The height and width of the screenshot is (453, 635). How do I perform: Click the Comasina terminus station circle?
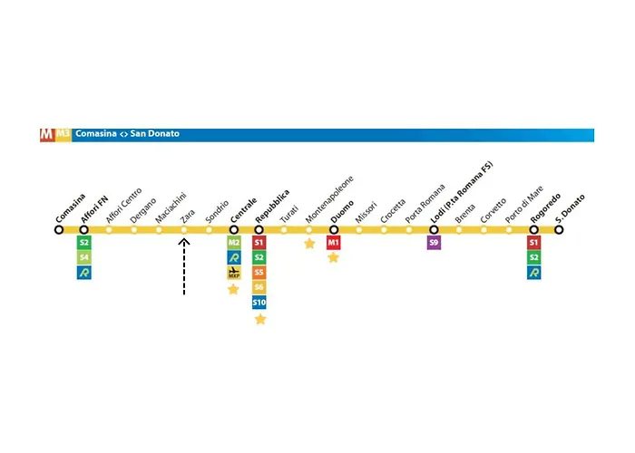point(59,230)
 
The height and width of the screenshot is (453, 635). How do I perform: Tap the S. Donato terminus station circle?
point(559,230)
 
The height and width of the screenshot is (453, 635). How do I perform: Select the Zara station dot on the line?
point(183,230)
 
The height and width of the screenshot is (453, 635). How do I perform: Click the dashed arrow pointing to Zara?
point(183,268)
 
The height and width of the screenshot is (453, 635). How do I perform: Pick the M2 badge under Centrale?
point(233,243)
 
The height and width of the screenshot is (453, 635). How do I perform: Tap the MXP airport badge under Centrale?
point(233,272)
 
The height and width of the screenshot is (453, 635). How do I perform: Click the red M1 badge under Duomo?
point(333,243)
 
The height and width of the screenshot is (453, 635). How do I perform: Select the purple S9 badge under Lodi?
point(434,243)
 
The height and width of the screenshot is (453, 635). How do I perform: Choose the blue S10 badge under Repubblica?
point(259,302)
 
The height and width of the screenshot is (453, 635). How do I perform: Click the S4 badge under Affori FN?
point(84,257)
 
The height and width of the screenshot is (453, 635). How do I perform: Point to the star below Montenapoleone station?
point(309,243)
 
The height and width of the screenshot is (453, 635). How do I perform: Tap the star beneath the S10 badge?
point(260,319)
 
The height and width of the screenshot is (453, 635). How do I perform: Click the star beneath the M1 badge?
point(333,258)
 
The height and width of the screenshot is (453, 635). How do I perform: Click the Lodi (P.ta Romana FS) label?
point(462,194)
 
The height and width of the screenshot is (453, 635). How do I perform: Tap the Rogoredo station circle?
point(533,230)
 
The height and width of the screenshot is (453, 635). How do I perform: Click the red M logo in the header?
point(46,134)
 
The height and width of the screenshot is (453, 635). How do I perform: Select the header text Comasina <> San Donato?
point(127,134)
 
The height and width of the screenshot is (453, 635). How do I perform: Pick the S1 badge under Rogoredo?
point(533,243)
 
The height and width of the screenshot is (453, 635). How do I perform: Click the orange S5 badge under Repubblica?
point(259,272)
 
